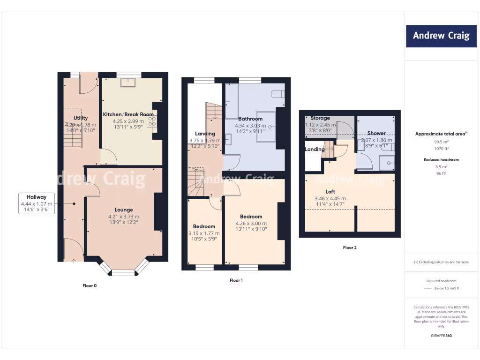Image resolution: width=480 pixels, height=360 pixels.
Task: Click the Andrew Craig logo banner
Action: (441, 36)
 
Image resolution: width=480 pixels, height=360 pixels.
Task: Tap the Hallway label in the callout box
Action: (37, 197)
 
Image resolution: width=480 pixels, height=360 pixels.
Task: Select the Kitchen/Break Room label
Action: (128, 114)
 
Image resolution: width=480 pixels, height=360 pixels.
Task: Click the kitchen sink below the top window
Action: (127, 82)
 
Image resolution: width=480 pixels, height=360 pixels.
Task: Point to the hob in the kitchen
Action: (152, 121)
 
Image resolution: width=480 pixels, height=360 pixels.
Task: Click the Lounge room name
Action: (124, 210)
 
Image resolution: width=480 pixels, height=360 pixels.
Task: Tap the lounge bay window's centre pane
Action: (123, 272)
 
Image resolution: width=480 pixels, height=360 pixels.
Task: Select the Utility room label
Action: (81, 118)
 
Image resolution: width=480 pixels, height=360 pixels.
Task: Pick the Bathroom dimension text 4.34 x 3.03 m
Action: (250, 126)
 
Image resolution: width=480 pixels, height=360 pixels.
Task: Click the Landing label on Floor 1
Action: (205, 134)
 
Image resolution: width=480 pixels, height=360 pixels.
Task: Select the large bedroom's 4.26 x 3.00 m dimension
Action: (251, 223)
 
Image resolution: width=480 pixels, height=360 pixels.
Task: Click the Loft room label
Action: (330, 192)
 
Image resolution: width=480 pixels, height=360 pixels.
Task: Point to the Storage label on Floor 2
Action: (320, 118)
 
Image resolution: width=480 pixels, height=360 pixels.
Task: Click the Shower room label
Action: (376, 133)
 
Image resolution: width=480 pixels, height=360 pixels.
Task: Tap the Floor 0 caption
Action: (90, 285)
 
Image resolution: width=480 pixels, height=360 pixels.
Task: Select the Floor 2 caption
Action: (350, 247)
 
